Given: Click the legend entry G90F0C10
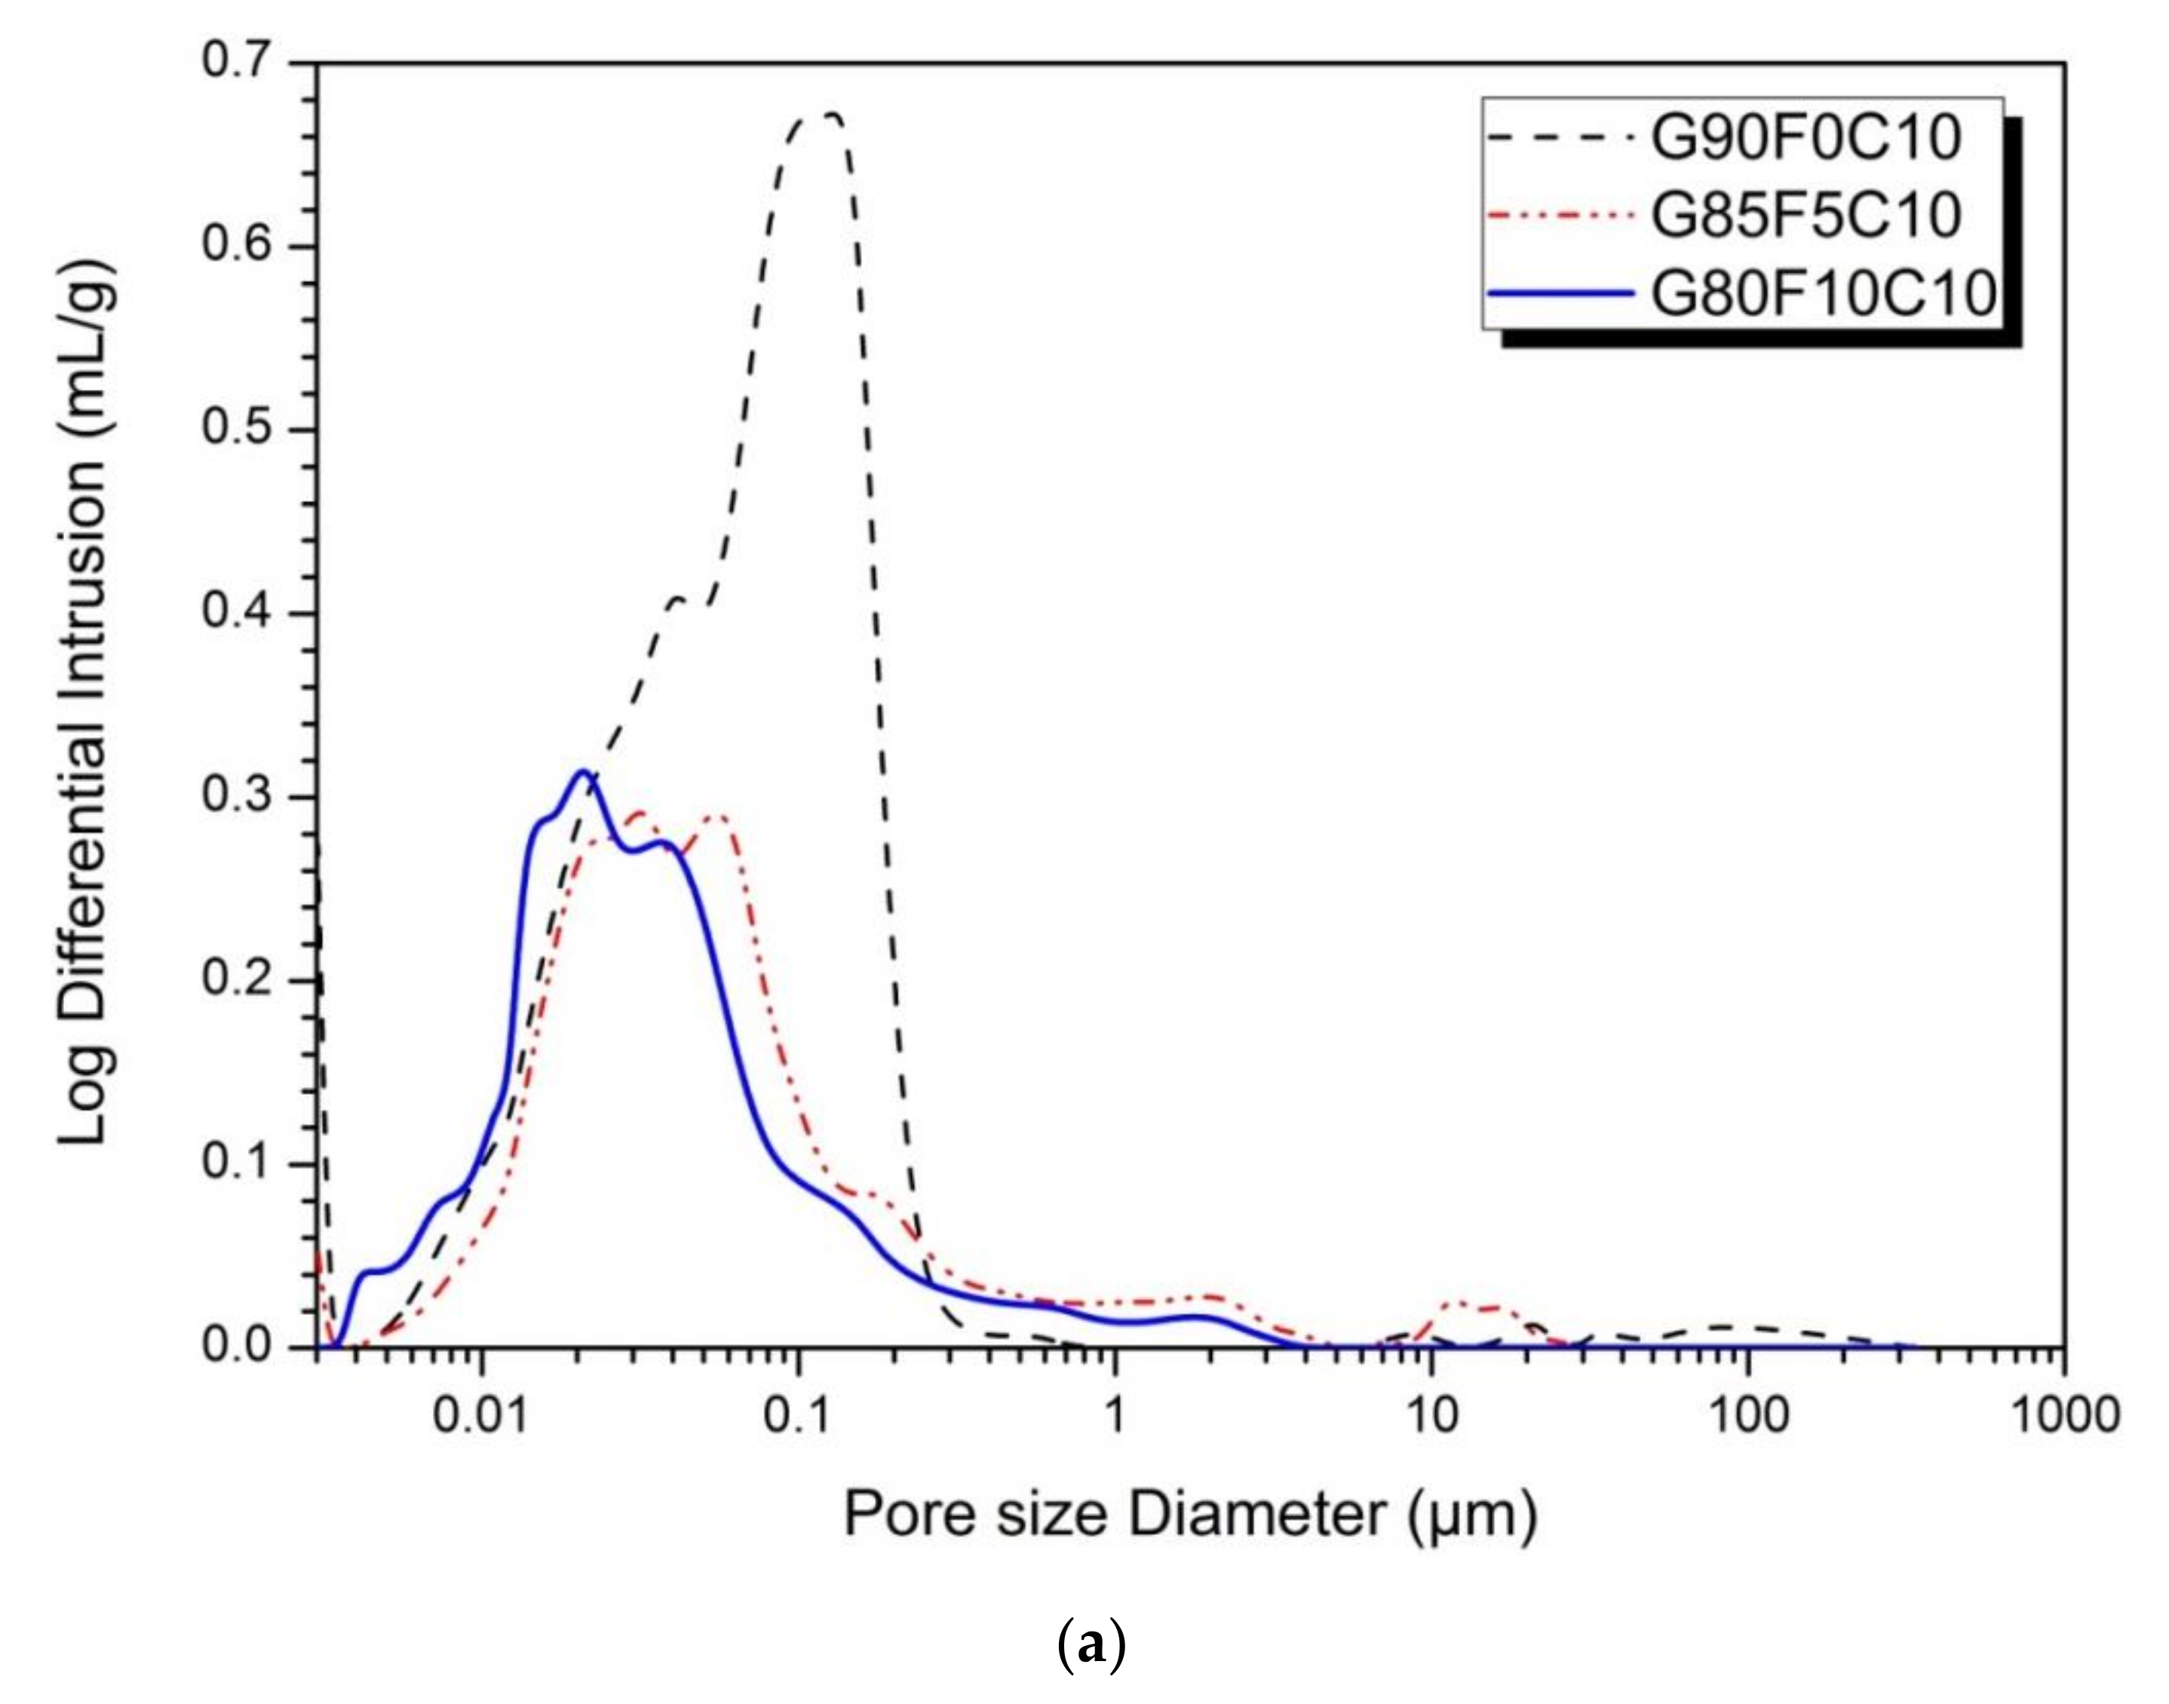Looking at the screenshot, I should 1804,139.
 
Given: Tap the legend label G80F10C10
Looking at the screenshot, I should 1822,293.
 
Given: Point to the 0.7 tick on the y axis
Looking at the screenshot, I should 238,63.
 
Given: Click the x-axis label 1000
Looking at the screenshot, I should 2062,1414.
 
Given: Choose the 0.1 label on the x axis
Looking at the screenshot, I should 797,1414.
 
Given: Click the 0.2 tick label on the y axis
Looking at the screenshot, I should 238,979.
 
